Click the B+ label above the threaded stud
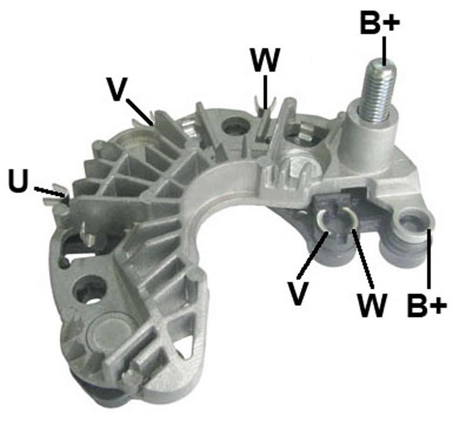click(379, 22)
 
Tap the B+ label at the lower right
click(427, 305)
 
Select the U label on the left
click(19, 181)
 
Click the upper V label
click(118, 89)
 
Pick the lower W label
click(372, 306)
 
